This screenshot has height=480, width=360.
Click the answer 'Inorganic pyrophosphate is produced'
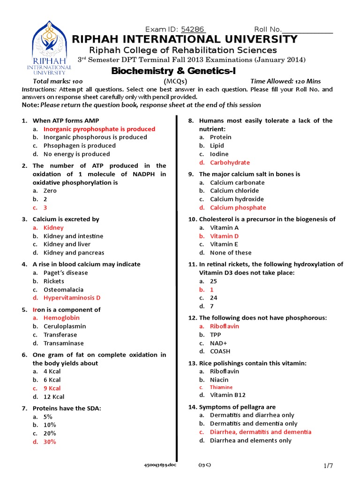[99, 129]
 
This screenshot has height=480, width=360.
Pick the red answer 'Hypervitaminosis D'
[72, 298]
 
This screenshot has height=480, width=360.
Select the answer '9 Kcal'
[52, 388]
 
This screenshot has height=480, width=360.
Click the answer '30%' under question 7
[50, 442]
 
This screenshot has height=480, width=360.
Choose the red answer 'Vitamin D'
[224, 236]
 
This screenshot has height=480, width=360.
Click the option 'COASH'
[220, 351]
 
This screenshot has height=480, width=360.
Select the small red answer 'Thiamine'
[221, 387]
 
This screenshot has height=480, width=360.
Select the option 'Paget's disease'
[66, 273]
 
